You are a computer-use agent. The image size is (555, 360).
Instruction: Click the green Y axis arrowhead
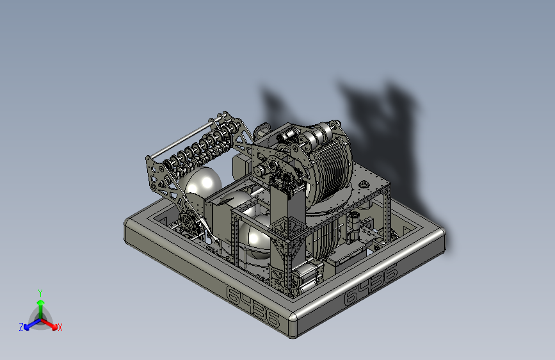(41, 302)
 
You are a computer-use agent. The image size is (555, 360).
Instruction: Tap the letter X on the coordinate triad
(60, 327)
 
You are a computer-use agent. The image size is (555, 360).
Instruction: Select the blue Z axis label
(21, 327)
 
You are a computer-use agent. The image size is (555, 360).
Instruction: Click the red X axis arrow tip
(55, 327)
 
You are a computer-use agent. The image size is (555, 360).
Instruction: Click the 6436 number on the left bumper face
(253, 306)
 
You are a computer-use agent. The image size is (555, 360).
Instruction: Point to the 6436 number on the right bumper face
(371, 285)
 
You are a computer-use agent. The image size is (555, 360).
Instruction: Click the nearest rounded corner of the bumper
(293, 324)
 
